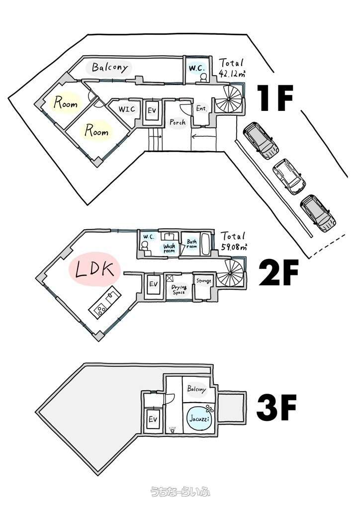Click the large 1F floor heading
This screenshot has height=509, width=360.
(275, 98)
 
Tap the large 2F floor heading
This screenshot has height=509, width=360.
(278, 274)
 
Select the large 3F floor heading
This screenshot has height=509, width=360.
(276, 407)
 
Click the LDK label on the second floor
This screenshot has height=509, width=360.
(95, 269)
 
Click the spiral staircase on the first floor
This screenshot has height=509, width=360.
(229, 98)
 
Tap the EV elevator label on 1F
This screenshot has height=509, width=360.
(152, 110)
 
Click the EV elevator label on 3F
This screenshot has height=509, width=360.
(153, 419)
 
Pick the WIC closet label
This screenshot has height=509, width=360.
(126, 109)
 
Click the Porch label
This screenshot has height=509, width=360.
(178, 122)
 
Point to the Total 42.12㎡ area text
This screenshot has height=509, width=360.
(231, 68)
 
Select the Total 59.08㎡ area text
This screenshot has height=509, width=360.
(233, 241)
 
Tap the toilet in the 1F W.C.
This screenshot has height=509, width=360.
(203, 77)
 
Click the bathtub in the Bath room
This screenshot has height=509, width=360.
(206, 244)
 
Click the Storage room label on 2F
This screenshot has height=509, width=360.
(204, 281)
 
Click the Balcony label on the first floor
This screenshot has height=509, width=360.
(110, 68)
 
